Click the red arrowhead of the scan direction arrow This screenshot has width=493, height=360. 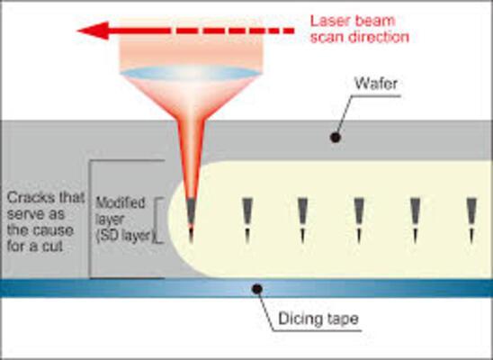click(x=93, y=31)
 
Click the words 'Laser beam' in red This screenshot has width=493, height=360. click(x=353, y=21)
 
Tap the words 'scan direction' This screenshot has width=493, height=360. click(x=360, y=37)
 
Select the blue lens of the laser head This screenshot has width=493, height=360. click(x=191, y=73)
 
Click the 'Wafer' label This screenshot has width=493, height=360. click(x=376, y=84)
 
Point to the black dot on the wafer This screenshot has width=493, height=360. click(x=336, y=138)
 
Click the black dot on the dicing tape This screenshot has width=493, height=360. click(x=257, y=289)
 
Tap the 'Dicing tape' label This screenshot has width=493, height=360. click(x=318, y=319)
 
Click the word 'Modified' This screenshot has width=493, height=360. click(x=121, y=203)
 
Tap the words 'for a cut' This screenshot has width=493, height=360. click(x=35, y=246)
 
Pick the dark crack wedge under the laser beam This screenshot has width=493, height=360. click(x=191, y=220)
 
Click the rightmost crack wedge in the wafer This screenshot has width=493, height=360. click(x=471, y=220)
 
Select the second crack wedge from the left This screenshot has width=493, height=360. click(x=247, y=220)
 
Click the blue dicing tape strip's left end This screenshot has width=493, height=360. click(x=1, y=288)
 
